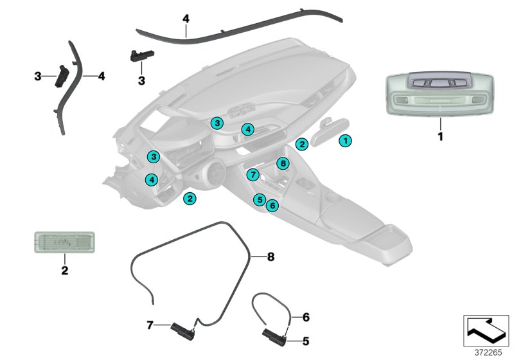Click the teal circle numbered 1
346,139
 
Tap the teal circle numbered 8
282,163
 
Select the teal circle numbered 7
253,174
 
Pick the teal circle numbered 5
259,199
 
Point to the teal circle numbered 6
272,206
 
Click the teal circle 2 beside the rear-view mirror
301,145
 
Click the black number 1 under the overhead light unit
441,136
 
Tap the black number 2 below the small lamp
64,271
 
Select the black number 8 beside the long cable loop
270,256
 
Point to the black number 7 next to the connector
150,325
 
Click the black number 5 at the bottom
306,341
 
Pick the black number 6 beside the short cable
306,317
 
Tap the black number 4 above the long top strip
186,19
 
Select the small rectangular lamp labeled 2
64,243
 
